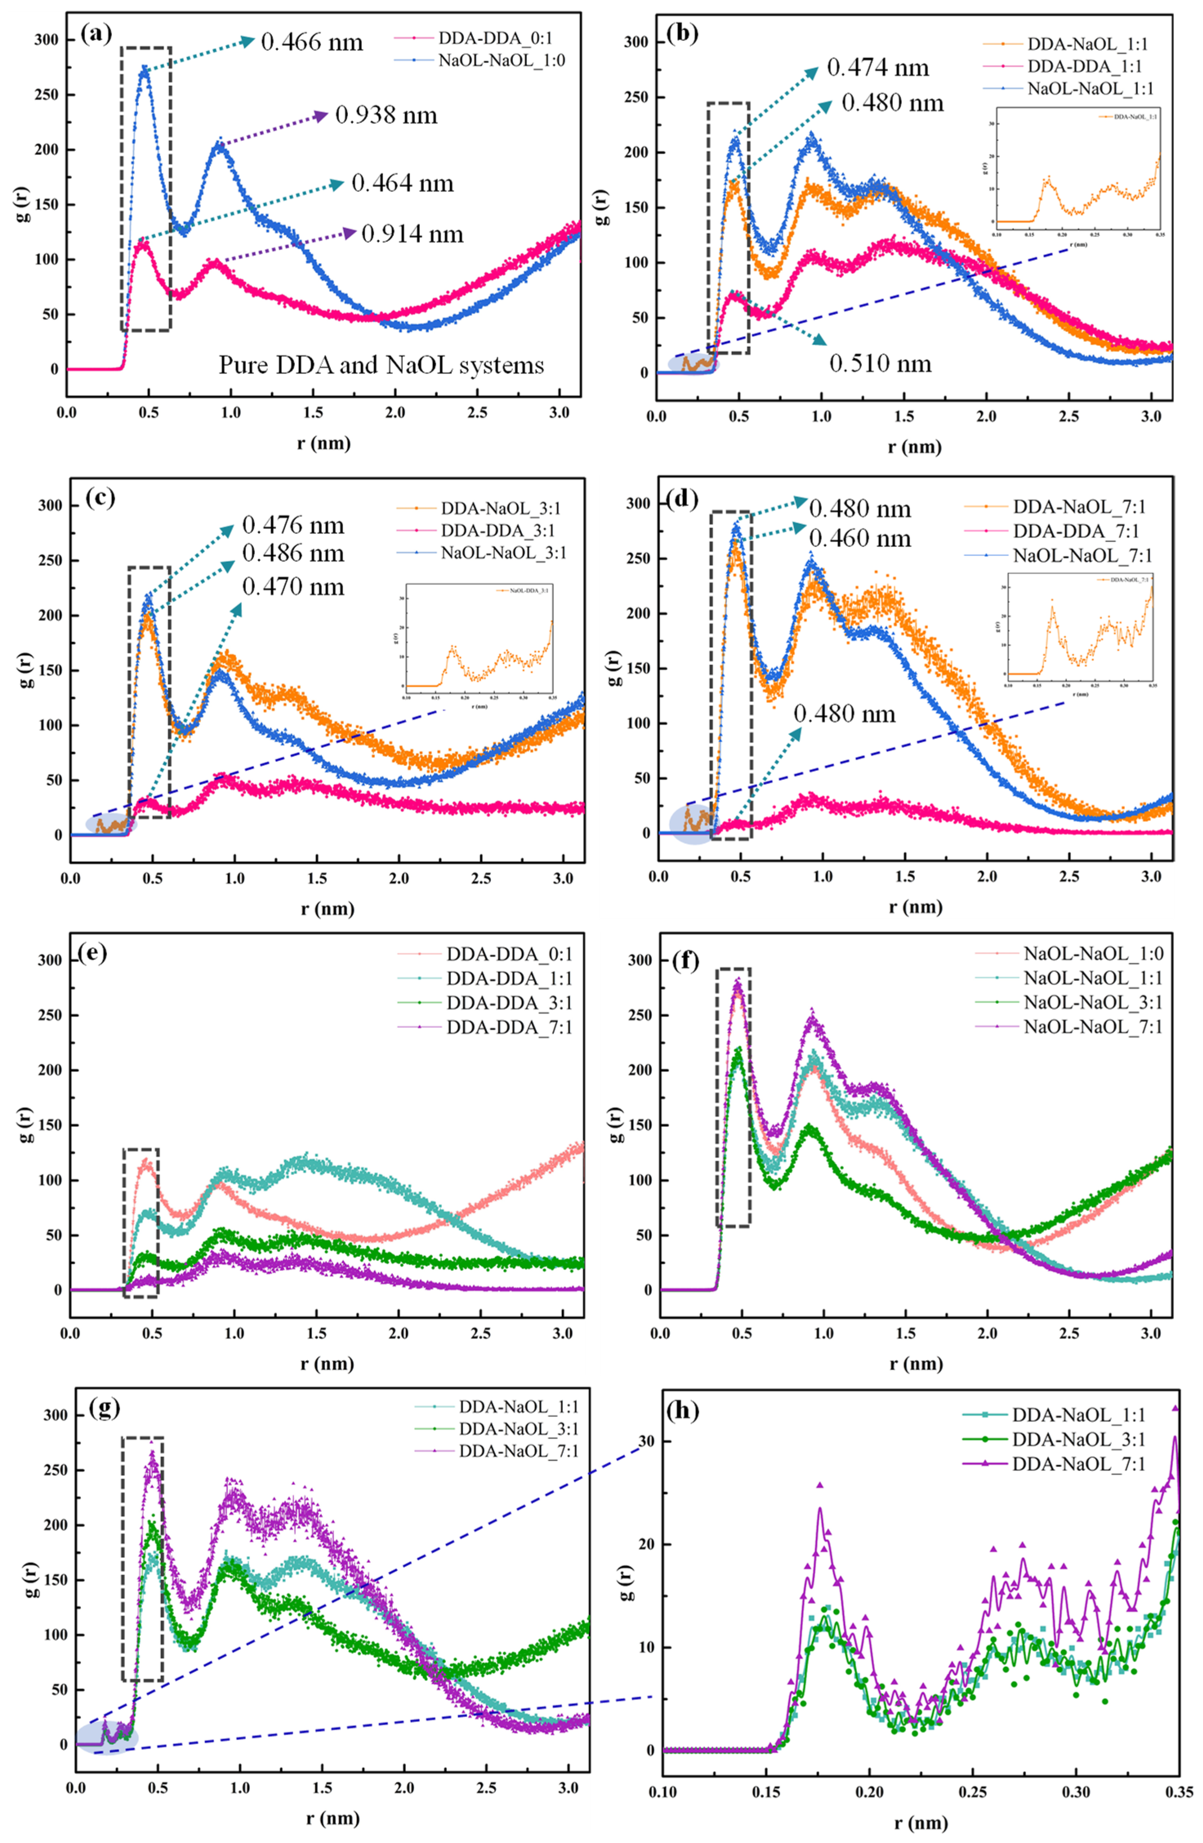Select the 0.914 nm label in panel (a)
[x=412, y=234]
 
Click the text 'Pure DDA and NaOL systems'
[x=381, y=365]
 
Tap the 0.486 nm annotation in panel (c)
[x=293, y=553]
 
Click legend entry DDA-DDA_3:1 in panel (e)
[x=509, y=1003]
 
